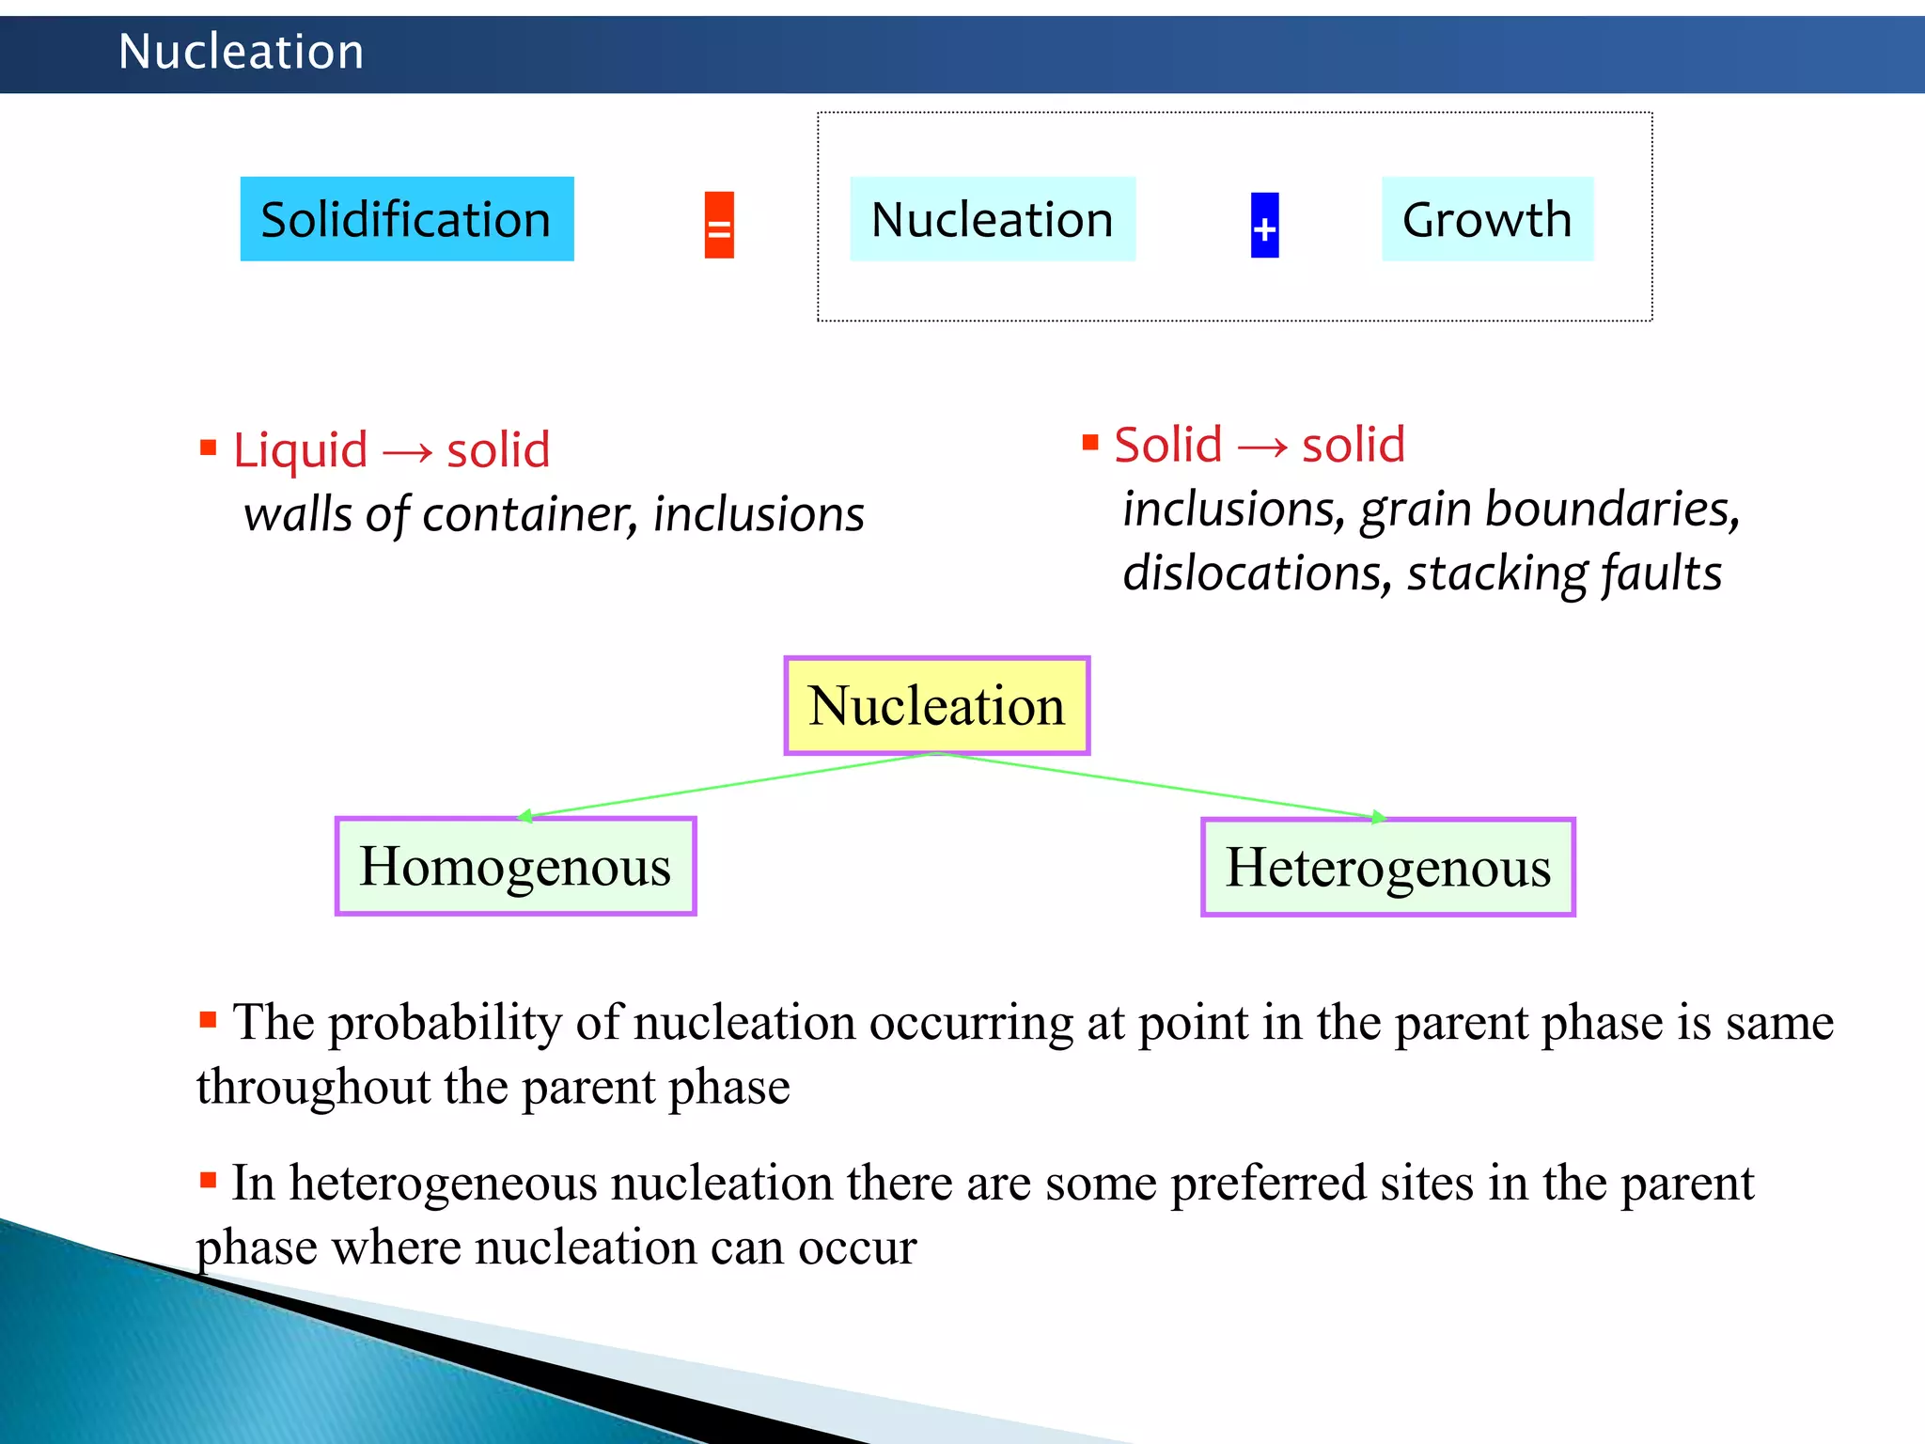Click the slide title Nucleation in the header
(x=241, y=52)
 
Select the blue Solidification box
(x=406, y=219)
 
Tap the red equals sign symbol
(x=719, y=226)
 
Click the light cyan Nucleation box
(x=992, y=219)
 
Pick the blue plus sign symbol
(x=1264, y=226)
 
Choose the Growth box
(x=1487, y=219)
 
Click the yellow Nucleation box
(x=936, y=706)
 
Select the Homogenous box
(x=515, y=866)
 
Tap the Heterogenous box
(x=1387, y=867)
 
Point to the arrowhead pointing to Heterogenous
(x=1378, y=817)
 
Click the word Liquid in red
(x=300, y=450)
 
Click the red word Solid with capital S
(x=1167, y=445)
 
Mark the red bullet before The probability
(x=209, y=1019)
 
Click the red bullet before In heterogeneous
(x=209, y=1180)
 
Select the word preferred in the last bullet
(x=1268, y=1184)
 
